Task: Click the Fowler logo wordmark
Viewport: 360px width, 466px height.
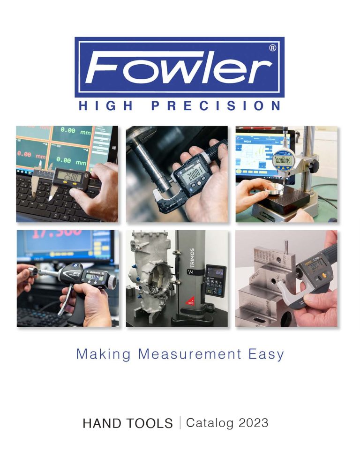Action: coord(179,68)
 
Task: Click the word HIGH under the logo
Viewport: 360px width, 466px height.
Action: coord(105,106)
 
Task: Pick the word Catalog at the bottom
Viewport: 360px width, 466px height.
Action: coord(210,423)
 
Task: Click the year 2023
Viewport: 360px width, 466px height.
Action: coord(253,423)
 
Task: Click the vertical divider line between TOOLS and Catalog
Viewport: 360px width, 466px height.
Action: coord(180,423)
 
